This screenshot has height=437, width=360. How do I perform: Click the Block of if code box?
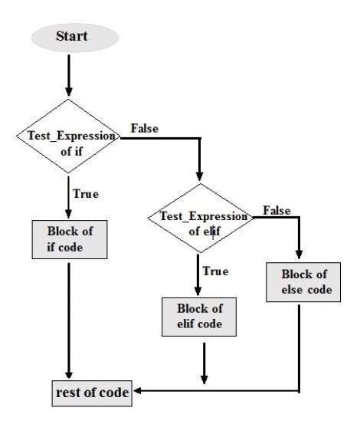[x=68, y=238]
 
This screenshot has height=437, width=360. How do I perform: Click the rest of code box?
[x=91, y=394]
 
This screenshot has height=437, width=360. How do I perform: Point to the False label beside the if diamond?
[x=145, y=128]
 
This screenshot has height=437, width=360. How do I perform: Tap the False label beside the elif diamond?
[x=276, y=209]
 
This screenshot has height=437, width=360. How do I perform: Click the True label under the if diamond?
[x=85, y=194]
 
